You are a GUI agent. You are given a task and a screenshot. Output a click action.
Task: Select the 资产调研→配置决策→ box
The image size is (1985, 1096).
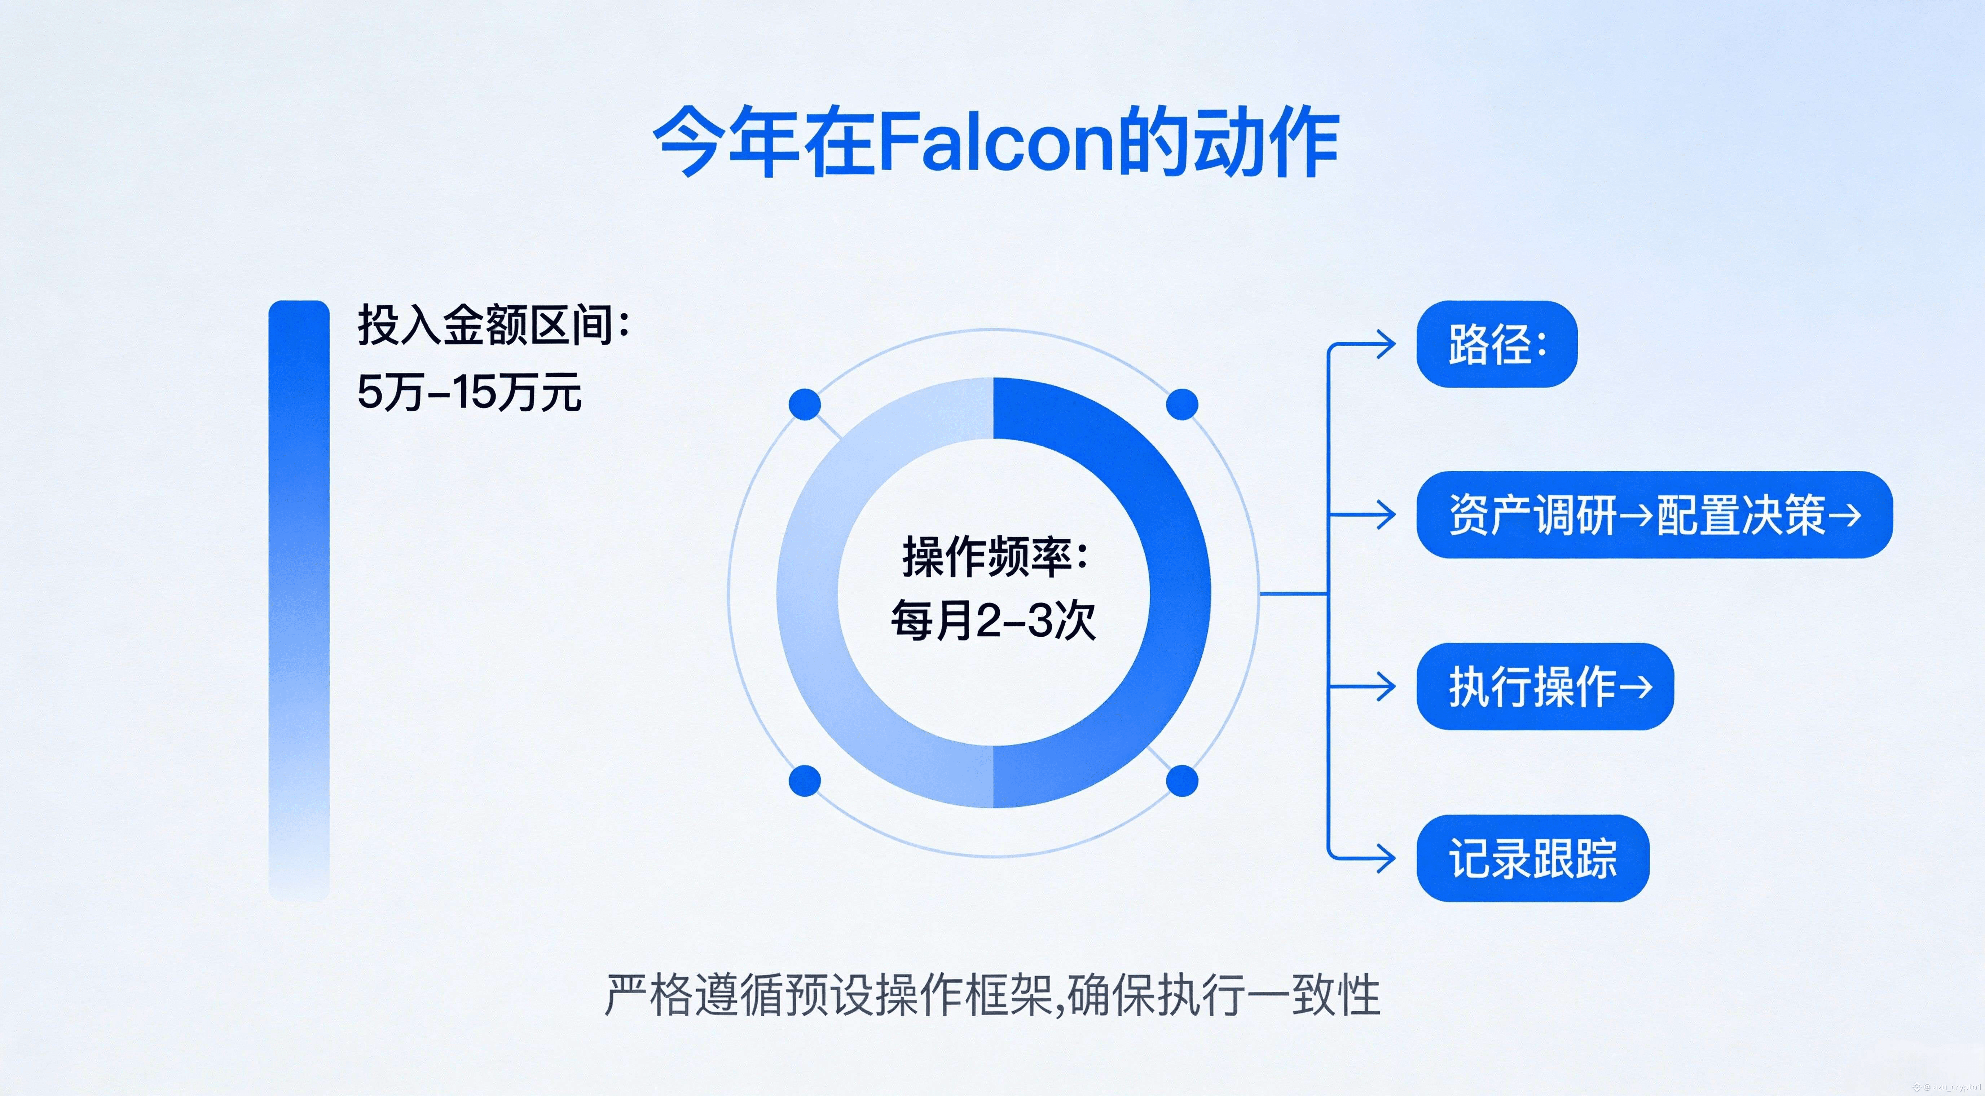tap(1654, 514)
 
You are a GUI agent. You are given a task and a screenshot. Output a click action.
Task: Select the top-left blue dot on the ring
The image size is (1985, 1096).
tap(805, 405)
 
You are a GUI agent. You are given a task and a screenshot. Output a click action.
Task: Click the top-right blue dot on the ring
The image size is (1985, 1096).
tap(1182, 405)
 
